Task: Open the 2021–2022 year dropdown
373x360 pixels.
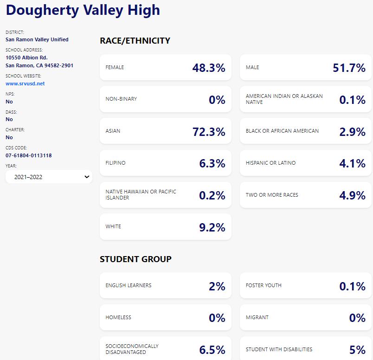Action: (49, 177)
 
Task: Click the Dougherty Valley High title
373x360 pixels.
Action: (83, 10)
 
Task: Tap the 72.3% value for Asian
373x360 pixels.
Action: (209, 132)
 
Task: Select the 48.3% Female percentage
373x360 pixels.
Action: (209, 68)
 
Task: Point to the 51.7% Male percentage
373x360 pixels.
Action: (349, 68)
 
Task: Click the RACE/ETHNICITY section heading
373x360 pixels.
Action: (135, 41)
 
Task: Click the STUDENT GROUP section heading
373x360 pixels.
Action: (135, 259)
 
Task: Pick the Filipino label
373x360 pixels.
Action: (116, 163)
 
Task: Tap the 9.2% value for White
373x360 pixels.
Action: (212, 227)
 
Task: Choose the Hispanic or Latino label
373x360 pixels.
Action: (270, 163)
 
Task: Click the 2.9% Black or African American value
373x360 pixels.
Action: (352, 132)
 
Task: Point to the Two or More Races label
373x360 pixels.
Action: (272, 195)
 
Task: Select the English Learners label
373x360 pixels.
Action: (129, 285)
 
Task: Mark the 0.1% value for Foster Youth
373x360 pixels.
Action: (352, 286)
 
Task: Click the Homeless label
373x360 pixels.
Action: (118, 317)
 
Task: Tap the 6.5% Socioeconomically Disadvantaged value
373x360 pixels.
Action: (212, 350)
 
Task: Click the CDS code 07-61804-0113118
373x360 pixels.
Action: (29, 155)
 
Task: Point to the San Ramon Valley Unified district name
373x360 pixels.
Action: (37, 39)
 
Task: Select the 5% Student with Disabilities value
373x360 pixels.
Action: (357, 350)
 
